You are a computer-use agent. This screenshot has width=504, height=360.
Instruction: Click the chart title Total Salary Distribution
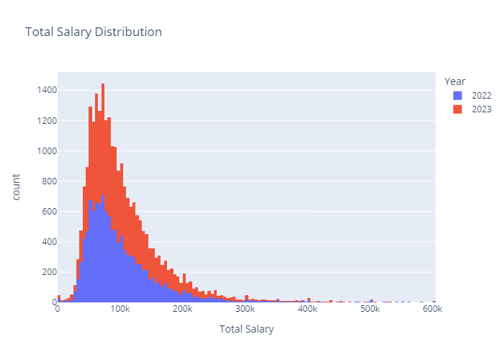point(94,32)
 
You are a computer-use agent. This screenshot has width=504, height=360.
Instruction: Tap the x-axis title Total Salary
point(246,329)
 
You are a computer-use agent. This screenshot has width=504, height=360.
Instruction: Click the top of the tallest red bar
point(103,84)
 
